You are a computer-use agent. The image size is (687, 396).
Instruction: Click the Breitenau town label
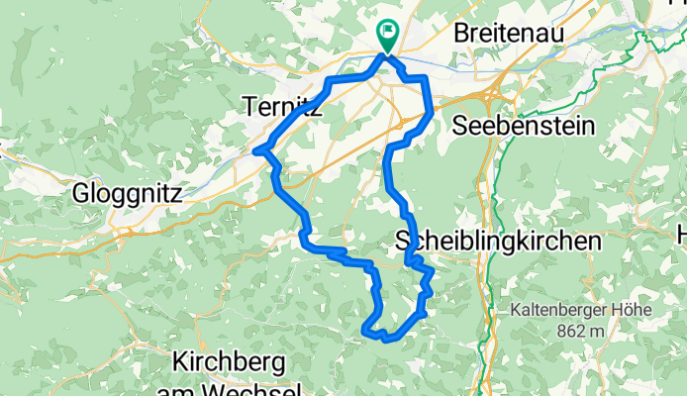coord(509,33)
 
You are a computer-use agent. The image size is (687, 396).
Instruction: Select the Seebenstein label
coord(524,126)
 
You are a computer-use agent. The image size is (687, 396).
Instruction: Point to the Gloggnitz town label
coord(126,194)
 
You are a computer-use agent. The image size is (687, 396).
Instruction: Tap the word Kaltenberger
coord(555,309)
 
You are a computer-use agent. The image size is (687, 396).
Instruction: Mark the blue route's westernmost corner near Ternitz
coord(256,150)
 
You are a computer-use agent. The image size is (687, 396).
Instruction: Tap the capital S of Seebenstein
coord(459,126)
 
